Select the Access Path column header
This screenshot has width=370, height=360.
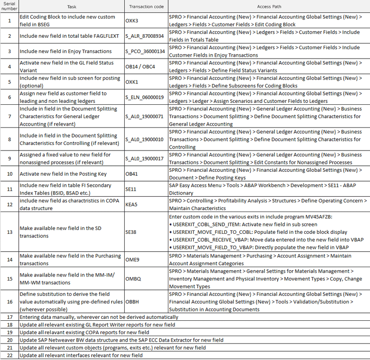(x=269, y=7)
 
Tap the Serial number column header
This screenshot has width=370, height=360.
(x=9, y=6)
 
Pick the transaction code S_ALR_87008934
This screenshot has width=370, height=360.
(x=145, y=36)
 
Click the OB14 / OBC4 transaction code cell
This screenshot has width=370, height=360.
(x=141, y=67)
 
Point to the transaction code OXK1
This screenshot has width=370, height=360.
(x=133, y=82)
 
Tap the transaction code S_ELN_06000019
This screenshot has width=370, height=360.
(x=145, y=97)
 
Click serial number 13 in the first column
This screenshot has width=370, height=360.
(x=9, y=232)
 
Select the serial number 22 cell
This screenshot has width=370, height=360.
(x=9, y=356)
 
